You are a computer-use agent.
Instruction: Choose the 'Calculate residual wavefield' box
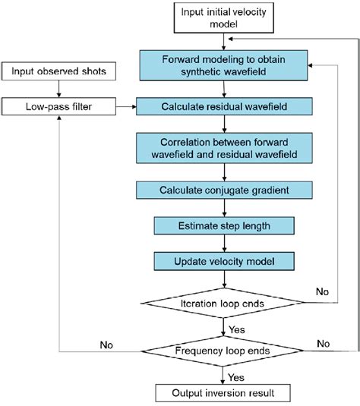(x=222, y=106)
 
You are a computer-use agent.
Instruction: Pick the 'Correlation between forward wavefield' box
(x=222, y=149)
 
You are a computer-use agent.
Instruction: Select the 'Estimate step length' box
(x=222, y=226)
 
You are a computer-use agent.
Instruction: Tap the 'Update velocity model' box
(x=222, y=262)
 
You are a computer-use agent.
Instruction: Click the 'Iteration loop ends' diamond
(x=222, y=303)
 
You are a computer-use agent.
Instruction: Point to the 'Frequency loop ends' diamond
(x=222, y=352)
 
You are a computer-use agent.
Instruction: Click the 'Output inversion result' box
(x=222, y=394)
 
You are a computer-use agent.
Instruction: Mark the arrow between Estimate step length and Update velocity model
(x=222, y=244)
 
